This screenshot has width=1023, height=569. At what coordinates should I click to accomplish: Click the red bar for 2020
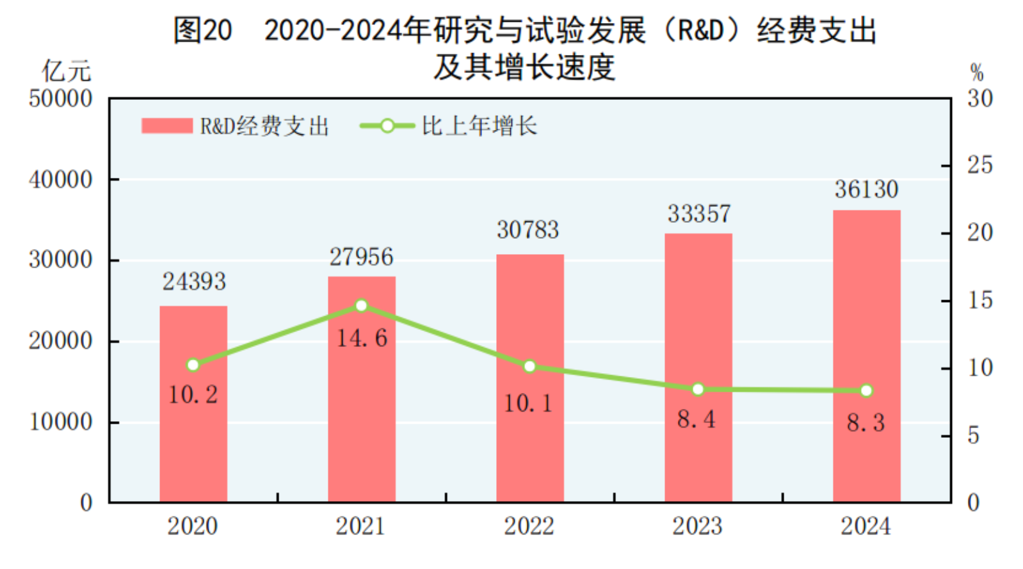(x=193, y=435)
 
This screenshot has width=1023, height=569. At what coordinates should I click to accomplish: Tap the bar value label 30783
(x=528, y=230)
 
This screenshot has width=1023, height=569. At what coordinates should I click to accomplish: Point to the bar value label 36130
(x=866, y=189)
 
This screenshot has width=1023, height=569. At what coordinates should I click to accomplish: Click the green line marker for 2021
(x=361, y=306)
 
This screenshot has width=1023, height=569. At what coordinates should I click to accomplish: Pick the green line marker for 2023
(x=698, y=389)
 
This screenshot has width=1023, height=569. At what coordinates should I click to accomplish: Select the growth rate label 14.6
(x=362, y=338)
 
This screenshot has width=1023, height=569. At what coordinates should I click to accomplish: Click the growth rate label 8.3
(x=866, y=422)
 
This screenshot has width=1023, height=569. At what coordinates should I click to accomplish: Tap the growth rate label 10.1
(x=528, y=403)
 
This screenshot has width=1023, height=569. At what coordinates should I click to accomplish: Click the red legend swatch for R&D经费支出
(x=167, y=125)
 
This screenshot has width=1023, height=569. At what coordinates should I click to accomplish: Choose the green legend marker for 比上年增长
(x=387, y=126)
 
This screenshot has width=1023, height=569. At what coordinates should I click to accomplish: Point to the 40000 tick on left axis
(x=61, y=180)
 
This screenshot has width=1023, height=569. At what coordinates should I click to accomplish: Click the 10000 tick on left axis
(x=61, y=422)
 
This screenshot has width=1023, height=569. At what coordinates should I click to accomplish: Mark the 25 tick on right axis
(x=979, y=165)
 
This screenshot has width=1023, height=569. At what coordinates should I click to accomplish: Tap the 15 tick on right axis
(x=979, y=300)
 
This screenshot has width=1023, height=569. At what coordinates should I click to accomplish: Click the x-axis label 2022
(x=529, y=526)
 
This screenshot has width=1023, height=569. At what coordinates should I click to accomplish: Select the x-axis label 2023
(x=697, y=526)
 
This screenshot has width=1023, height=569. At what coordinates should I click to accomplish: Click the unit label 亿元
(x=67, y=71)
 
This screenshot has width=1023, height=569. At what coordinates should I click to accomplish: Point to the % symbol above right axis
(x=976, y=72)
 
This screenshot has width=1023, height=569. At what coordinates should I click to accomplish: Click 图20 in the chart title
(x=202, y=30)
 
